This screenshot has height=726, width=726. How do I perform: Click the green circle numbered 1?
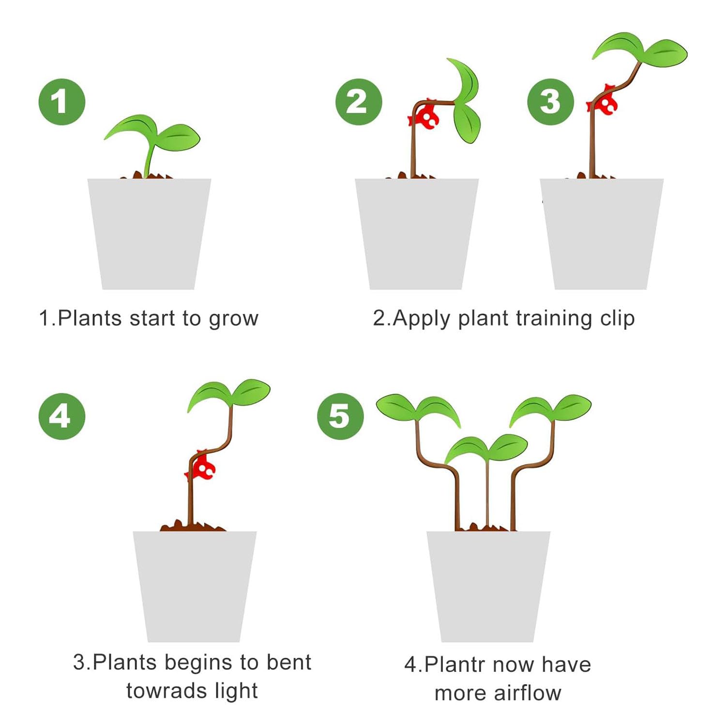pyautogui.click(x=62, y=102)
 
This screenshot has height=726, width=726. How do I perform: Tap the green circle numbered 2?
pyautogui.click(x=359, y=102)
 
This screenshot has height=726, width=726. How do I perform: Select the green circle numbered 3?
pyautogui.click(x=550, y=102)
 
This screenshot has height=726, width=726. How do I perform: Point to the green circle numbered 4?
pyautogui.click(x=62, y=416)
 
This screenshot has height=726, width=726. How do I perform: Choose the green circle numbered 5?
pyautogui.click(x=340, y=416)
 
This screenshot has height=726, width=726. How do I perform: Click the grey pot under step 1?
pyautogui.click(x=149, y=234)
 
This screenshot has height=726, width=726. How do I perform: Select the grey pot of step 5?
pyautogui.click(x=488, y=587)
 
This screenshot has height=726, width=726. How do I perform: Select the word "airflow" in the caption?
pyautogui.click(x=528, y=693)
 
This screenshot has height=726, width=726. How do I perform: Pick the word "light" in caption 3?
pyautogui.click(x=236, y=691)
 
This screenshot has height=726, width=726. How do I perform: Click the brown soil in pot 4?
pyautogui.click(x=193, y=526)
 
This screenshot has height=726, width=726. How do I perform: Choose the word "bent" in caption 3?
pyautogui.click(x=289, y=662)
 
